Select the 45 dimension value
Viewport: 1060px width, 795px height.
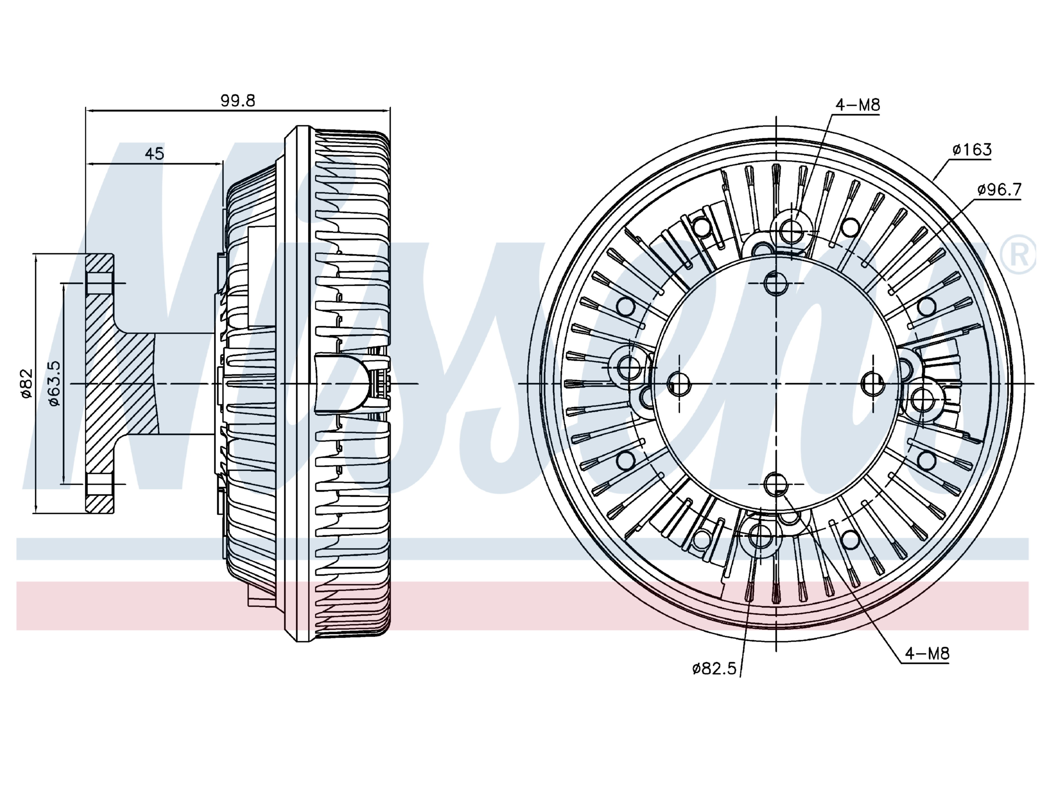click(154, 153)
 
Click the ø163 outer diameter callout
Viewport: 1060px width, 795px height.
click(972, 150)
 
